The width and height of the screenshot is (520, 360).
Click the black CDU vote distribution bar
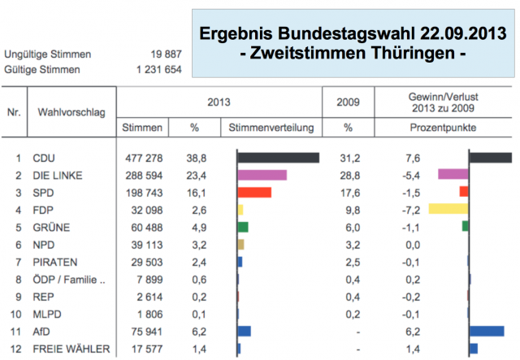pos(278,158)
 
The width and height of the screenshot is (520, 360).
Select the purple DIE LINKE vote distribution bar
pos(262,175)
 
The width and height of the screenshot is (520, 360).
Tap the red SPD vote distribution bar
pos(254,192)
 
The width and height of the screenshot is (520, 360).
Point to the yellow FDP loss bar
pos(448,209)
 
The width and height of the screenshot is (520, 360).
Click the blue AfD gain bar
pos(487,331)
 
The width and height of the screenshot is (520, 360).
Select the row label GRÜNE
pos(51,227)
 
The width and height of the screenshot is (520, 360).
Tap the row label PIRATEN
pos(56,262)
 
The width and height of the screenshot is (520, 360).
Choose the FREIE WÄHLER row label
pos(71,349)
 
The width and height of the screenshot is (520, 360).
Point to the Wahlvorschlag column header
pos(72,111)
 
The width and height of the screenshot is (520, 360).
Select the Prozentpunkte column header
pos(444,128)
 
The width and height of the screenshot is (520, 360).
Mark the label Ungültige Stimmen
pos(48,54)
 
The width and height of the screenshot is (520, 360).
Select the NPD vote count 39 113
pos(146,244)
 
